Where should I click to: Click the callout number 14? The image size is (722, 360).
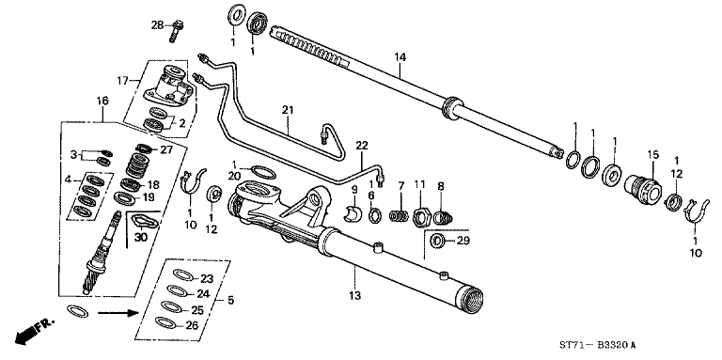click(x=400, y=57)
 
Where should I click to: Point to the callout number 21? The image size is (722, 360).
click(x=288, y=110)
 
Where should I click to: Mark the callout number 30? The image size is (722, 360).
click(x=141, y=238)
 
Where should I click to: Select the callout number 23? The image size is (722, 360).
click(x=207, y=277)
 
